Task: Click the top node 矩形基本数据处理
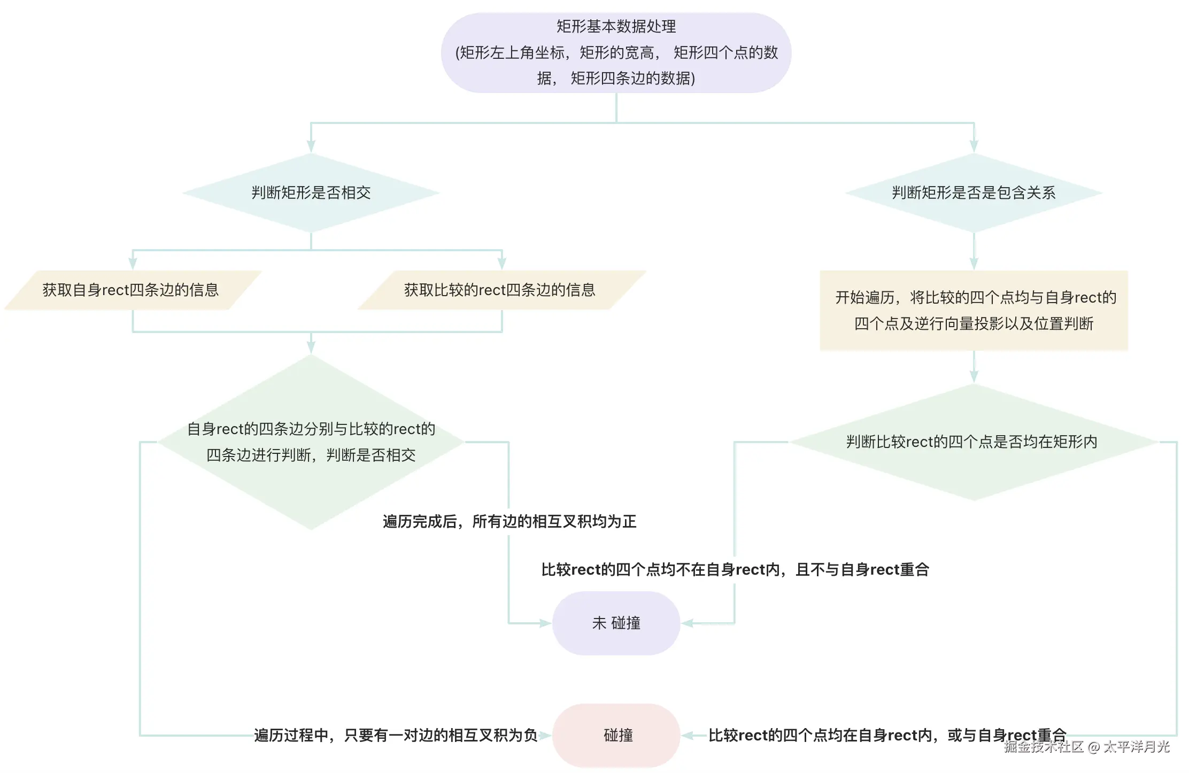coord(616,52)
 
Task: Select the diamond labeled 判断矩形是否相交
coord(311,192)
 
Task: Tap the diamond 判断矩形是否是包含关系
coord(974,192)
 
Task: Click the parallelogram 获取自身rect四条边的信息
coord(132,290)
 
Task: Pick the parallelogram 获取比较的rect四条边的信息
coord(500,290)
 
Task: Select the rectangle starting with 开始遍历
coord(974,310)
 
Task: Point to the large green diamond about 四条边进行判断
coord(311,442)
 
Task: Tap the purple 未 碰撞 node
coord(616,623)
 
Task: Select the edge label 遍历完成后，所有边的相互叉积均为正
coord(509,521)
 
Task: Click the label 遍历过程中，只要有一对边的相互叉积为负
coord(396,735)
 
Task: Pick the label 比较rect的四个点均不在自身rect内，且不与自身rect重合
coord(735,569)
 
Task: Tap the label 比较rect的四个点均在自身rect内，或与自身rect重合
coord(887,735)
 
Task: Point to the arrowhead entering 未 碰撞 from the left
coord(545,623)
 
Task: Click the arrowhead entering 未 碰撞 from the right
coord(688,623)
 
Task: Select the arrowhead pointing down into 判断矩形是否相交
coord(311,146)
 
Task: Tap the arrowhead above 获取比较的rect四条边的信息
coord(502,263)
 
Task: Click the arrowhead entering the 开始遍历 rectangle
coord(974,263)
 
